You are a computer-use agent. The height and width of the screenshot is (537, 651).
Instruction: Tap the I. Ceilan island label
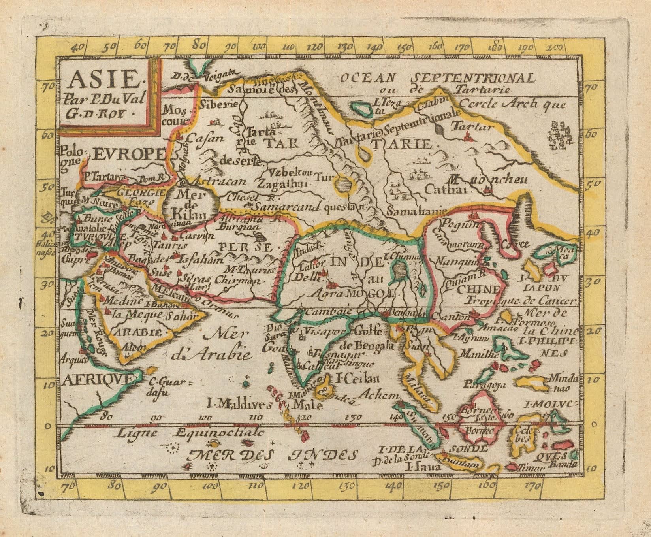pos(357,378)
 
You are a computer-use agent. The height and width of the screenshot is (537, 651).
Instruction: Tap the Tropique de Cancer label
pos(519,300)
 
